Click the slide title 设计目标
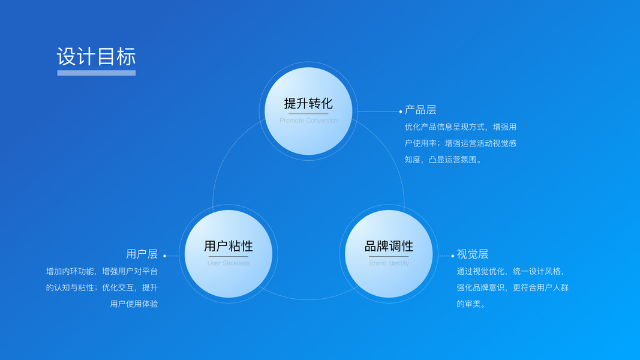[x=96, y=56]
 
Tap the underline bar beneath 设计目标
[x=96, y=73]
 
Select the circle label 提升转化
[x=308, y=103]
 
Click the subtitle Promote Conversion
[x=308, y=121]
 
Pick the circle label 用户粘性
[x=228, y=246]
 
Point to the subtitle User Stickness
[x=228, y=263]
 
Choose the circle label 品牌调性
[x=389, y=246]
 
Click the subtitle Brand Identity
[x=389, y=263]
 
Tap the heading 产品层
[x=420, y=110]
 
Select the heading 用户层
[x=142, y=254]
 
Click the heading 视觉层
[x=473, y=254]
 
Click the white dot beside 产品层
[x=401, y=111]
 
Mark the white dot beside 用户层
[x=165, y=256]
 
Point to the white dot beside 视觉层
[x=453, y=256]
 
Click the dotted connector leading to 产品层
[x=378, y=111]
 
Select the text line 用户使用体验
[x=134, y=304]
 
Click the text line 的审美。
[x=471, y=304]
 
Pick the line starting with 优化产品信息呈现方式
[x=461, y=127]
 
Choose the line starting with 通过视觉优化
[x=510, y=271]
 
